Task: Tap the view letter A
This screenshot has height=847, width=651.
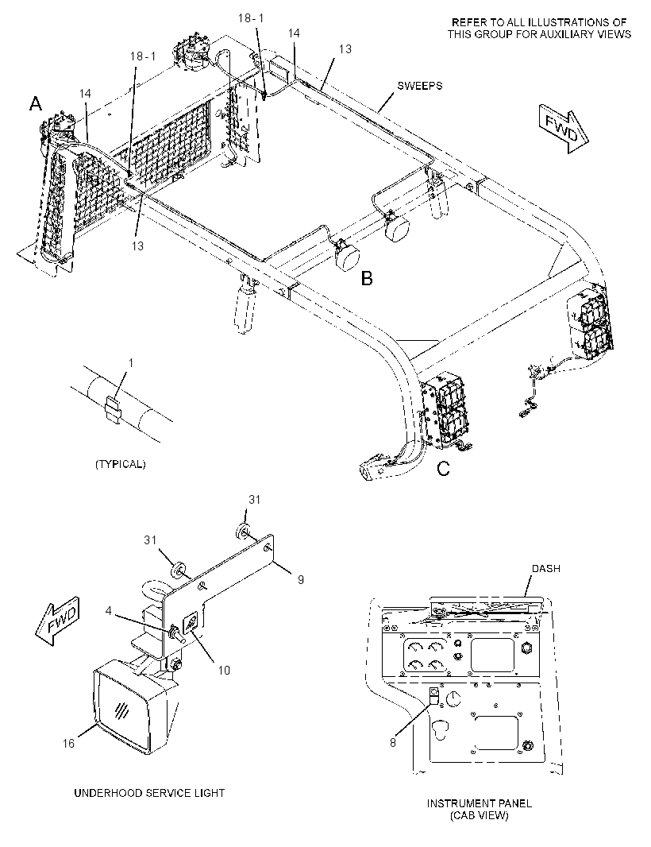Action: click(x=36, y=103)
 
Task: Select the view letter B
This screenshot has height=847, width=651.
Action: click(x=367, y=279)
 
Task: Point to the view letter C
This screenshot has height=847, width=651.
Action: click(x=443, y=469)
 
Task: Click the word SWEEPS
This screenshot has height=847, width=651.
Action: click(x=419, y=86)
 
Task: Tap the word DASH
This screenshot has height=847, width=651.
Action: click(x=545, y=569)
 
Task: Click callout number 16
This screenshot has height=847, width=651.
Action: click(x=68, y=743)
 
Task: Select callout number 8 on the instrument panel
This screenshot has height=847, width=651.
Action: click(x=393, y=743)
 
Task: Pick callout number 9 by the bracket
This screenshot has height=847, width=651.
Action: click(x=301, y=579)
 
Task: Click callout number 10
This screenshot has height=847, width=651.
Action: click(x=223, y=671)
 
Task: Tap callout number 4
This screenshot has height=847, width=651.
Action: click(x=109, y=611)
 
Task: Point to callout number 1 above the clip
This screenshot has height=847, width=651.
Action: click(x=130, y=364)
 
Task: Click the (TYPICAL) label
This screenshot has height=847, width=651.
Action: click(x=121, y=464)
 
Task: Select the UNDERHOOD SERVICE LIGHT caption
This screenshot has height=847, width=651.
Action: click(x=149, y=793)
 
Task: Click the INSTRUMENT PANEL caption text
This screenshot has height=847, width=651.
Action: click(x=480, y=803)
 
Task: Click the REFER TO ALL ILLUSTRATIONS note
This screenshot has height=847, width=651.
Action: click(x=539, y=28)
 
